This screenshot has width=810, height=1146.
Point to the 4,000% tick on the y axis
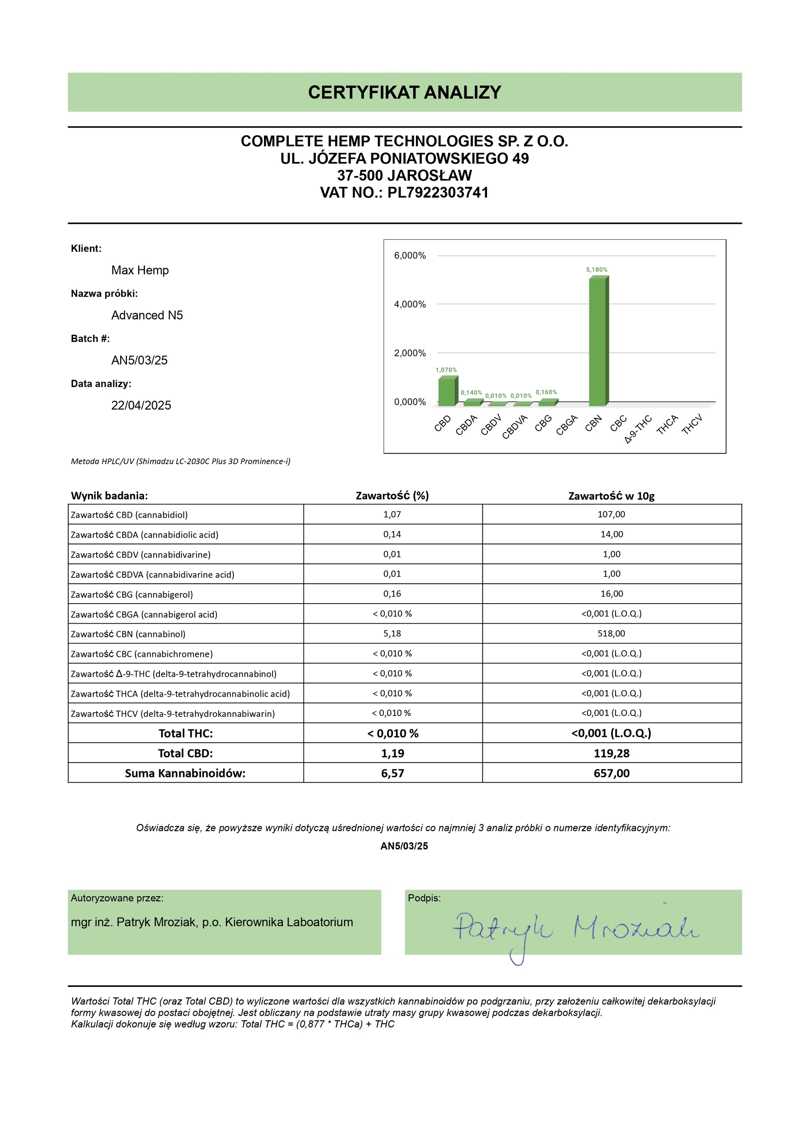[410, 304]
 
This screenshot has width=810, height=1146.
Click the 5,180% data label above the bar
[596, 269]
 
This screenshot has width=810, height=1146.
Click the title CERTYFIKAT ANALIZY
[404, 92]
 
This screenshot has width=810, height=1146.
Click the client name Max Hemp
[140, 271]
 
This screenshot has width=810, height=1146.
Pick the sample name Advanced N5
[147, 316]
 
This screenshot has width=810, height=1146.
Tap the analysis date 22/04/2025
[141, 405]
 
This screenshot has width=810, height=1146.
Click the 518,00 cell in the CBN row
[611, 634]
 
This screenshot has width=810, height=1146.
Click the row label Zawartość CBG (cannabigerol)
[132, 594]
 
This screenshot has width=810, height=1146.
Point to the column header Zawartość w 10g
[611, 496]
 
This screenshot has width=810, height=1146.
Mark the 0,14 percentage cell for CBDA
[392, 534]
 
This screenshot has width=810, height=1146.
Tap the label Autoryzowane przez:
[117, 898]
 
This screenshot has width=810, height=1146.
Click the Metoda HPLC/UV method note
[180, 461]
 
